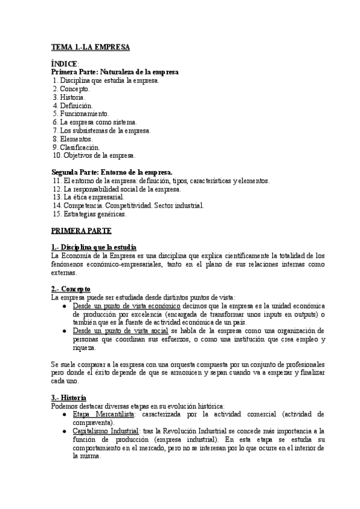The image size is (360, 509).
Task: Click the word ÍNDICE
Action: tap(64, 64)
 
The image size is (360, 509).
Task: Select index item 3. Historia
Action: tap(69, 97)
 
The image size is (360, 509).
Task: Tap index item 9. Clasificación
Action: tap(76, 147)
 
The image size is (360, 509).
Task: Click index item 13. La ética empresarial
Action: tap(88, 197)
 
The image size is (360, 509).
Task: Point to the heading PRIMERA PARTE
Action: tap(81, 230)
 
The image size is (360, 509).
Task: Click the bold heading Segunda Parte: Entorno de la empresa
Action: tap(112, 172)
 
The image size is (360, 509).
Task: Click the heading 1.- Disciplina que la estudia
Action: tap(94, 247)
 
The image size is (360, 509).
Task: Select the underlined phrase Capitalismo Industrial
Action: tap(106, 431)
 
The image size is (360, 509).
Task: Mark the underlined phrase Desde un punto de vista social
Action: tap(121, 331)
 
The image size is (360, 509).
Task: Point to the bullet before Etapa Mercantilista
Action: tap(65, 415)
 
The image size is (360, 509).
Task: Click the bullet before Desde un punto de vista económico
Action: tap(65, 306)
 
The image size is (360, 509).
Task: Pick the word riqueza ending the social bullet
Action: tap(83, 348)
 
